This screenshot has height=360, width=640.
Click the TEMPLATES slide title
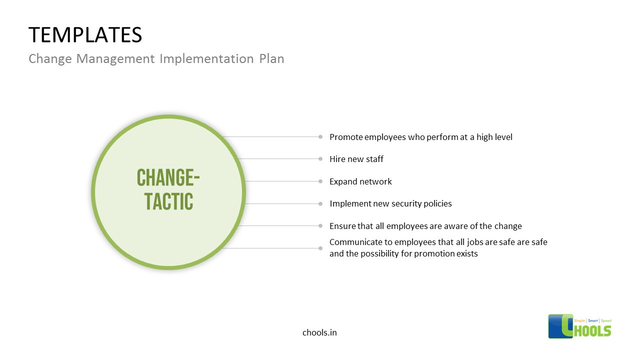tap(85, 35)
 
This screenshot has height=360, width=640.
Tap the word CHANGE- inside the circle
tap(168, 178)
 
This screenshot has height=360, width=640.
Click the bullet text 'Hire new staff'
tap(356, 159)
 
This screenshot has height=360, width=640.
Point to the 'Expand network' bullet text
tap(360, 181)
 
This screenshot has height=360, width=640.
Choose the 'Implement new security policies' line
tap(390, 203)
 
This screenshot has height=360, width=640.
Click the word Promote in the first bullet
tap(346, 137)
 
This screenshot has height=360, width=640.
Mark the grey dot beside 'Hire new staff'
tap(320, 159)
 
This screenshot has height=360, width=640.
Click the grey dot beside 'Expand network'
tap(320, 181)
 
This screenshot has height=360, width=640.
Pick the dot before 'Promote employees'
tap(320, 136)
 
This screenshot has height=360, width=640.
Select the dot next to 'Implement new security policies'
tap(320, 203)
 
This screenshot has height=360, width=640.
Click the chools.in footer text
tap(319, 332)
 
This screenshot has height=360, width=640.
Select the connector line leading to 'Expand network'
tap(280, 181)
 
